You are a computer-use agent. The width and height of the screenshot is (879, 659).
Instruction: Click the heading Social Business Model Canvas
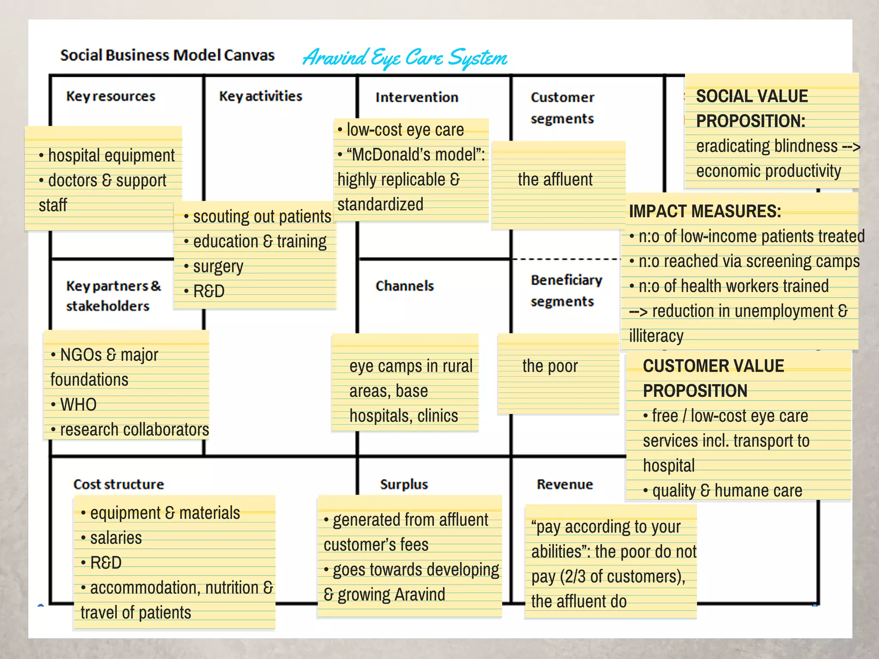167,55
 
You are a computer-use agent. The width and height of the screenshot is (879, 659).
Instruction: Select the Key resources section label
111,96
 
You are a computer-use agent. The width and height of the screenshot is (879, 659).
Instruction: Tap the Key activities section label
261,96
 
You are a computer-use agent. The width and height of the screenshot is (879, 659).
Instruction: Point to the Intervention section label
417,98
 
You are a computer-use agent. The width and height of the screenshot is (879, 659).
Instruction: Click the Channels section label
405,286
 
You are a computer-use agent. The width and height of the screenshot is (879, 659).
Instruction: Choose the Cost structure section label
119,485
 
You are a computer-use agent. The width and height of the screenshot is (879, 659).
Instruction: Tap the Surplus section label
404,485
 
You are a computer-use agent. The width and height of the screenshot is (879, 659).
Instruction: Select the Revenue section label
565,485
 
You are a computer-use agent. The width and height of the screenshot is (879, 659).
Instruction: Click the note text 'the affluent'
555,180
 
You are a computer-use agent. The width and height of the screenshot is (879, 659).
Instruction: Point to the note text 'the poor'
550,366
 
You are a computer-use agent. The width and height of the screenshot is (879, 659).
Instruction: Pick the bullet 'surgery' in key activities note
218,267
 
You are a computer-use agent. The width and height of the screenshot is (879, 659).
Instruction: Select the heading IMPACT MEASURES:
705,211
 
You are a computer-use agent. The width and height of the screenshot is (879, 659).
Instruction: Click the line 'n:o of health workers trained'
733,286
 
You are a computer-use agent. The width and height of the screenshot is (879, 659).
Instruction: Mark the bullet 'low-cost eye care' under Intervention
405,130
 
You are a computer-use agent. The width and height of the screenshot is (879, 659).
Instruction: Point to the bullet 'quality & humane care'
727,491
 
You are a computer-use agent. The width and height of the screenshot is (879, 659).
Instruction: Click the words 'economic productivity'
768,171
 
